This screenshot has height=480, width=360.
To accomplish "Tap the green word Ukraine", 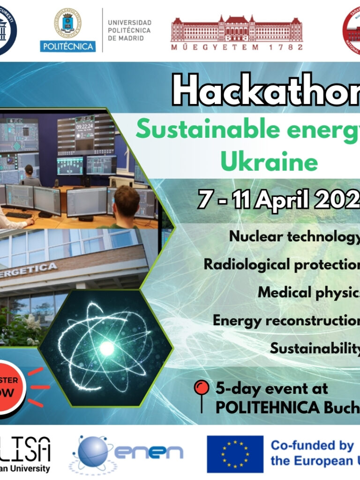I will tap(269, 162).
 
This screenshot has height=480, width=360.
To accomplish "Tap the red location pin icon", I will tap(202, 392).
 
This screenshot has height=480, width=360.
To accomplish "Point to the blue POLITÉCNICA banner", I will tap(68, 46).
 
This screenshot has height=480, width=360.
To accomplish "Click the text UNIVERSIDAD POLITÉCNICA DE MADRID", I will tap(129, 30).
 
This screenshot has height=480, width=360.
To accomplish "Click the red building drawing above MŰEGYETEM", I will tap(237, 27).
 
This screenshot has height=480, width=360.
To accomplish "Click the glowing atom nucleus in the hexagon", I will tap(107, 348).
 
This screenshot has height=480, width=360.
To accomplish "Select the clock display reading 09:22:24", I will tap(85, 126).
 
